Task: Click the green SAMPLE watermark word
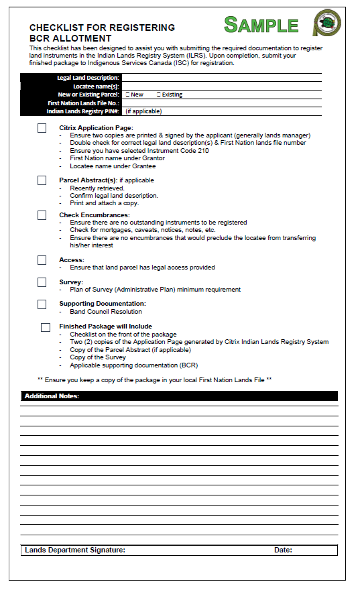(261, 25)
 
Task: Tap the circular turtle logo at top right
(327, 23)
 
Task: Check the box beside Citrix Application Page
(42, 128)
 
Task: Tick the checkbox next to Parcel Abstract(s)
(42, 180)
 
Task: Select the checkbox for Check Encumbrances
(42, 215)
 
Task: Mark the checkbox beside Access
(42, 260)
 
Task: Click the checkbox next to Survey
(42, 282)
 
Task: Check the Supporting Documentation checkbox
(42, 304)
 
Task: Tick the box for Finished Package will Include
(46, 327)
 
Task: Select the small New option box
(127, 95)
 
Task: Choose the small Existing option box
(159, 95)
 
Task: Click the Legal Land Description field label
(88, 78)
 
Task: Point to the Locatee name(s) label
(96, 86)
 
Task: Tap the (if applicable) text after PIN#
(143, 111)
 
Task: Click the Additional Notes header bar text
(52, 396)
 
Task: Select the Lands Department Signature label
(75, 550)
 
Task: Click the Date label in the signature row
(283, 550)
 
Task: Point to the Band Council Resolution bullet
(106, 312)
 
